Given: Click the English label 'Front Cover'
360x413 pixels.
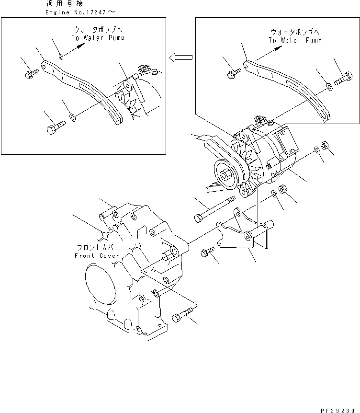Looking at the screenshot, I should [x=97, y=256].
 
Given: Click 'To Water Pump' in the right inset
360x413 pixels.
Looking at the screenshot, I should [x=295, y=41].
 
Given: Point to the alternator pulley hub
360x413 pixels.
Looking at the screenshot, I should [x=225, y=173].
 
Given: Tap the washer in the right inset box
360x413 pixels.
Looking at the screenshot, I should [x=329, y=86].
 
